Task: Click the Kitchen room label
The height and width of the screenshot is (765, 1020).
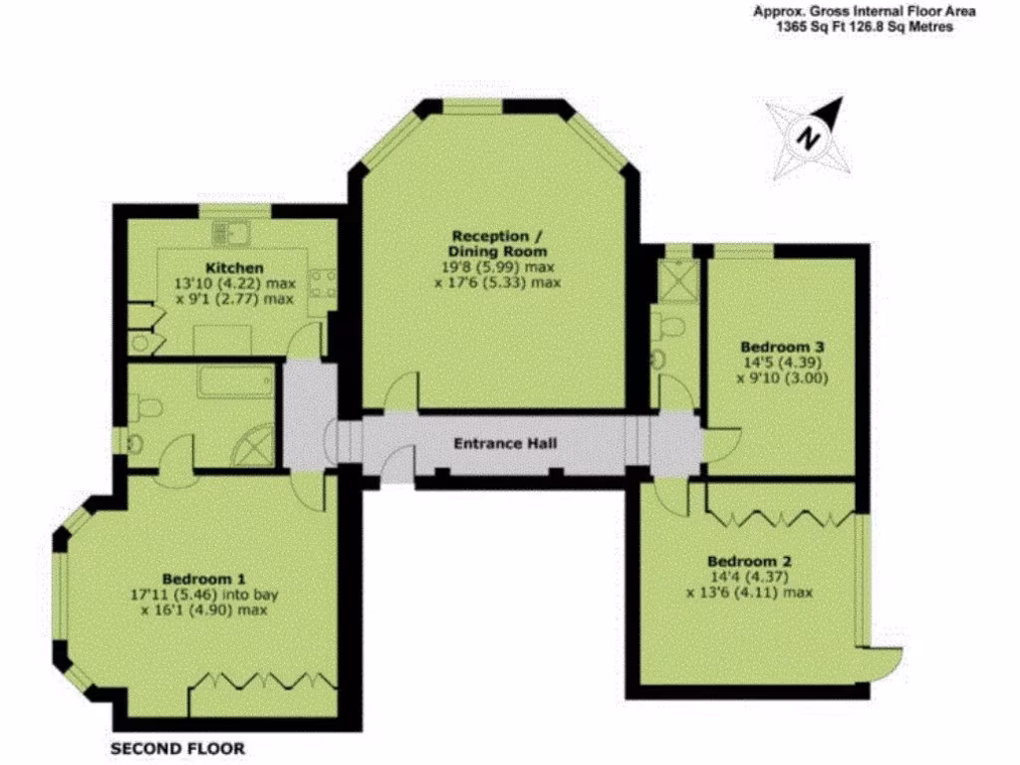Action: [234, 268]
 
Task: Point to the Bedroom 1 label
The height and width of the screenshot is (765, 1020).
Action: [203, 578]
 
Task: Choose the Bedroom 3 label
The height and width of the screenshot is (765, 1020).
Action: [782, 347]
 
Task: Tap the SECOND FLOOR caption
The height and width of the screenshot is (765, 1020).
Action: [176, 748]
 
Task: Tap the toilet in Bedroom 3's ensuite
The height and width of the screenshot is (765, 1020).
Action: [666, 326]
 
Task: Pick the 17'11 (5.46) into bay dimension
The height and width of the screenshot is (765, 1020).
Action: [204, 595]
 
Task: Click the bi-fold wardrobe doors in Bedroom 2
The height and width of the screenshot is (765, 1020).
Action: [780, 517]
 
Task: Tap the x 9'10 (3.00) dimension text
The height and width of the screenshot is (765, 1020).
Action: [782, 379]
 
